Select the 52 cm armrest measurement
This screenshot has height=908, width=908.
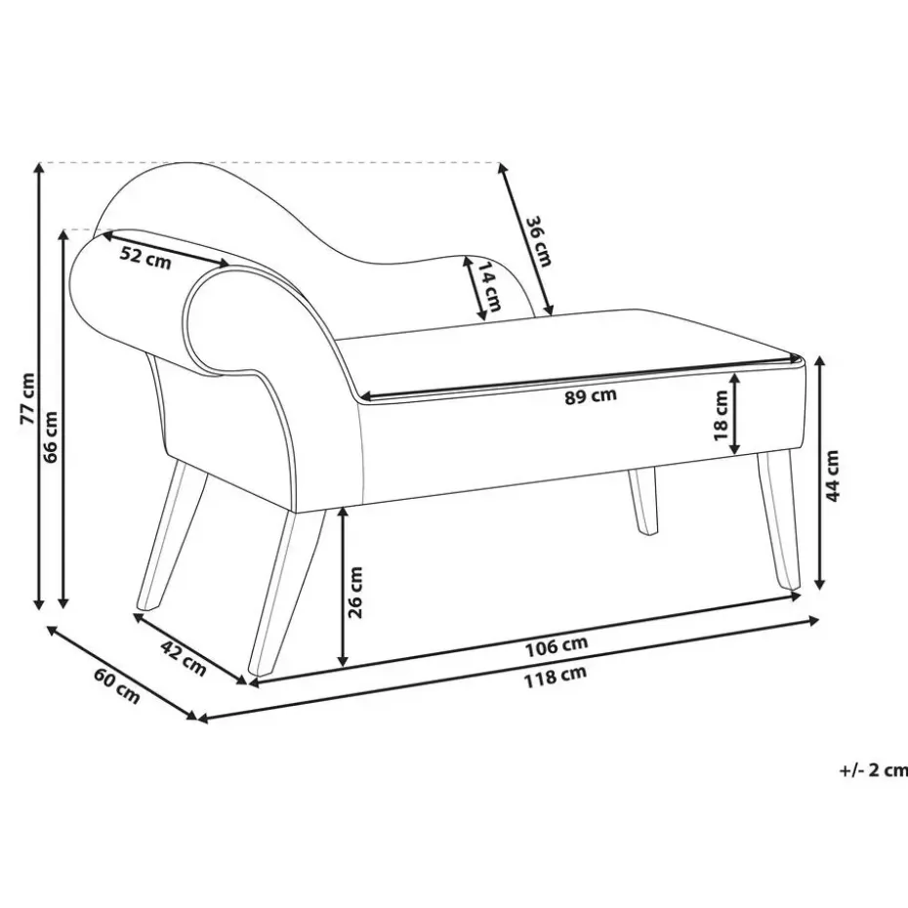[x=145, y=258]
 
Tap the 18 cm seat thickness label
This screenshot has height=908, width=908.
[x=721, y=414]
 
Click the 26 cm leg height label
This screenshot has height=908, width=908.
[x=356, y=593]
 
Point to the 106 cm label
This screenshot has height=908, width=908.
[x=556, y=645]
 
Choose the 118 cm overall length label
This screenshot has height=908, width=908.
[x=557, y=673]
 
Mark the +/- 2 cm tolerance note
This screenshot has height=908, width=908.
[x=873, y=769]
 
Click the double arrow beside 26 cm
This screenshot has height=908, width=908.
[x=343, y=589]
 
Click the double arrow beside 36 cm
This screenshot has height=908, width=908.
[x=525, y=239]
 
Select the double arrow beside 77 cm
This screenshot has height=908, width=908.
[x=39, y=386]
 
